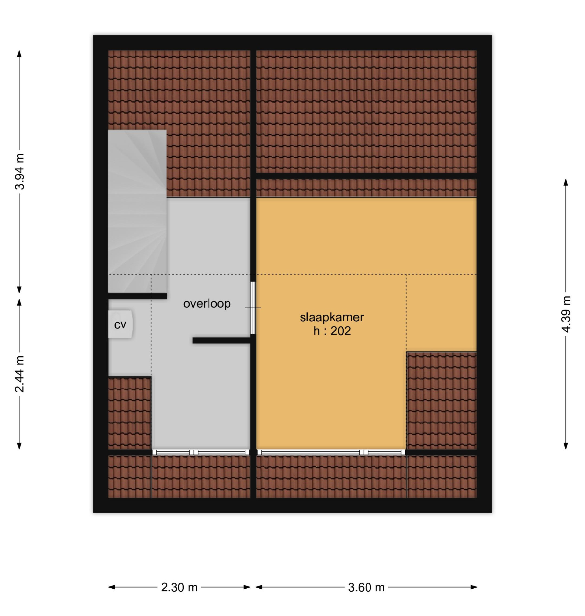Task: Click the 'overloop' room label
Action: pos(207,304)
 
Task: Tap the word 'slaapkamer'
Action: pos(332,317)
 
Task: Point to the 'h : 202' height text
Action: pos(332,331)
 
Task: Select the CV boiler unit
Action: pos(120,325)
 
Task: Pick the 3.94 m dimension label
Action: pos(20,172)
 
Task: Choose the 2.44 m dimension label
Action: pos(20,374)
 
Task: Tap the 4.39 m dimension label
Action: pos(566,314)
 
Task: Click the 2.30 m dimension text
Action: pos(179,588)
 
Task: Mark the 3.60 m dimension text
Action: pos(366,588)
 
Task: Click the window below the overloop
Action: pos(200,452)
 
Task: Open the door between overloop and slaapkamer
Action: pos(253,308)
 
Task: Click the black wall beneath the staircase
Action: pos(137,296)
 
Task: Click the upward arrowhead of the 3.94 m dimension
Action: pos(19,54)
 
